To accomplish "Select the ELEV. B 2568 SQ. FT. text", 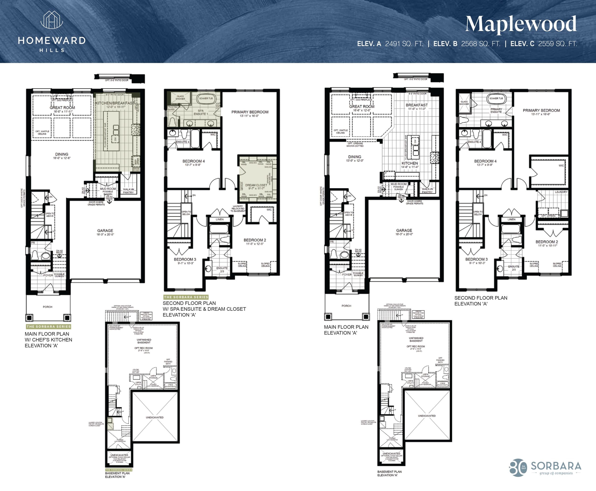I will pyautogui.click(x=467, y=44).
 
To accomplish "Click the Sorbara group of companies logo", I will pyautogui.click(x=546, y=468).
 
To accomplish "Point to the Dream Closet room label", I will pyautogui.click(x=256, y=185).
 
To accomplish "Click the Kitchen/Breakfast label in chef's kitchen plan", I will pyautogui.click(x=115, y=103).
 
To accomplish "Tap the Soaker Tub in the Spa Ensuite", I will pyautogui.click(x=206, y=99).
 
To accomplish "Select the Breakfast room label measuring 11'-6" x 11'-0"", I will pyautogui.click(x=417, y=105).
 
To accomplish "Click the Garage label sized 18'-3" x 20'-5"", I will pyautogui.click(x=105, y=231).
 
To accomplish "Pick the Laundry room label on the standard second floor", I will pyautogui.click(x=561, y=192).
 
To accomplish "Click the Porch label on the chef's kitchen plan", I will pyautogui.click(x=47, y=307).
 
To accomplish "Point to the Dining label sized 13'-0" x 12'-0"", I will pyautogui.click(x=355, y=157).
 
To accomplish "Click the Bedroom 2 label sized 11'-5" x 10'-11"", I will pyautogui.click(x=546, y=242).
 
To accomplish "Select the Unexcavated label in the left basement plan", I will pyautogui.click(x=155, y=417).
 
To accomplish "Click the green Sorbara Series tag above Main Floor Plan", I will pyautogui.click(x=48, y=327).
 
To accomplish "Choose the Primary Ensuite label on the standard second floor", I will pyautogui.click(x=496, y=110).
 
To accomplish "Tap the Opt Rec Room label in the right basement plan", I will pyautogui.click(x=416, y=347).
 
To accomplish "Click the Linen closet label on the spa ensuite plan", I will pyautogui.click(x=220, y=219).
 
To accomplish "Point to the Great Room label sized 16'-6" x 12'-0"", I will pyautogui.click(x=362, y=107).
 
